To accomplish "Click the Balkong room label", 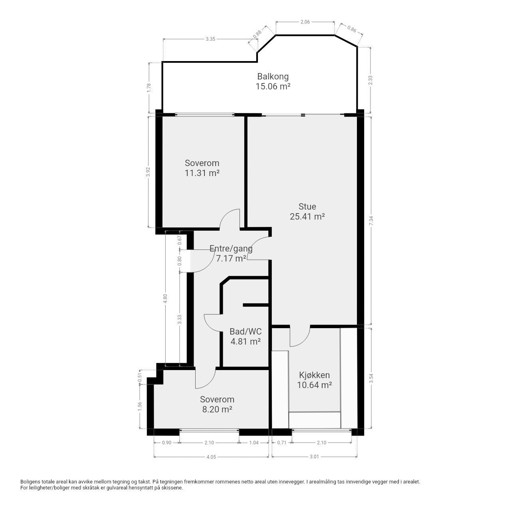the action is click(x=273, y=77).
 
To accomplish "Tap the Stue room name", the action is click(x=307, y=206).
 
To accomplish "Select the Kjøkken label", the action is click(x=314, y=375).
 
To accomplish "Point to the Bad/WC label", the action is click(x=245, y=331).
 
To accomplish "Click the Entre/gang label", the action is click(x=231, y=248).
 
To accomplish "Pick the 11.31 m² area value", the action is click(x=202, y=173).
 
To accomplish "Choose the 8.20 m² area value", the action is click(x=217, y=410).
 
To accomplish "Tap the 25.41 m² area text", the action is click(x=307, y=216).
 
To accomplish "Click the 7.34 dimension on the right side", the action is click(x=371, y=221).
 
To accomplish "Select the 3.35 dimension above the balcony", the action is click(x=210, y=39).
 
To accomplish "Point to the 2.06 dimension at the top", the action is click(x=305, y=22).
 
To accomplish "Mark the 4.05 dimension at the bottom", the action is click(x=211, y=457).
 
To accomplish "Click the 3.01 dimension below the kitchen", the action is click(x=314, y=457).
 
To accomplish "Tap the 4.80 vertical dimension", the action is click(x=165, y=299).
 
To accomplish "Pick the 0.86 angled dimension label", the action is click(x=352, y=29).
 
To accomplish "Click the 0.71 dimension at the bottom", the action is click(x=281, y=443).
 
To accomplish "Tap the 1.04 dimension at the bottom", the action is click(x=254, y=443).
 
